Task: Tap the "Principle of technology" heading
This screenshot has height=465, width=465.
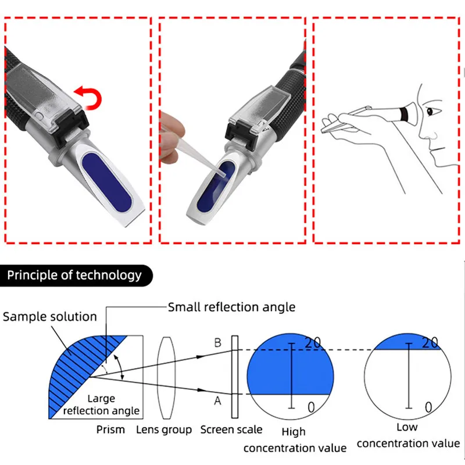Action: pos(74,275)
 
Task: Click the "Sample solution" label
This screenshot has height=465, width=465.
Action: pos(50,317)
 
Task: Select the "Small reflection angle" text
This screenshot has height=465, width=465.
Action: pos(231,307)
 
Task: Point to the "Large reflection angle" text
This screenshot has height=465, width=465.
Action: pos(101,405)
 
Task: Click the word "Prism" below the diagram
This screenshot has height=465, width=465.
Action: pos(110,430)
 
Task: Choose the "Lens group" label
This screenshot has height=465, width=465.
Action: pos(164,430)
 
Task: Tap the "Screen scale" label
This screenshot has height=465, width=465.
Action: pos(231,430)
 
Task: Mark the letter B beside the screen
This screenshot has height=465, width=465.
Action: pos(217,344)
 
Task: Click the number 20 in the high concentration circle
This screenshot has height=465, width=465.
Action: pos(312,343)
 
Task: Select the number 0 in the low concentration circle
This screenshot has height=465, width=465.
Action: pos(428,407)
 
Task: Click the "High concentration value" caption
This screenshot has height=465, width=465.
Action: pos(294,440)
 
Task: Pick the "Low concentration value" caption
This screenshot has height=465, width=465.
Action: pos(407,435)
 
